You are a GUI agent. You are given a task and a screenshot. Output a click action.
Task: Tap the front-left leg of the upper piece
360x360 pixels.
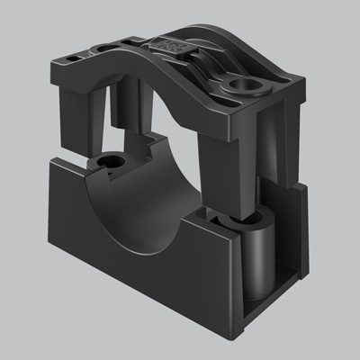(80, 117)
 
